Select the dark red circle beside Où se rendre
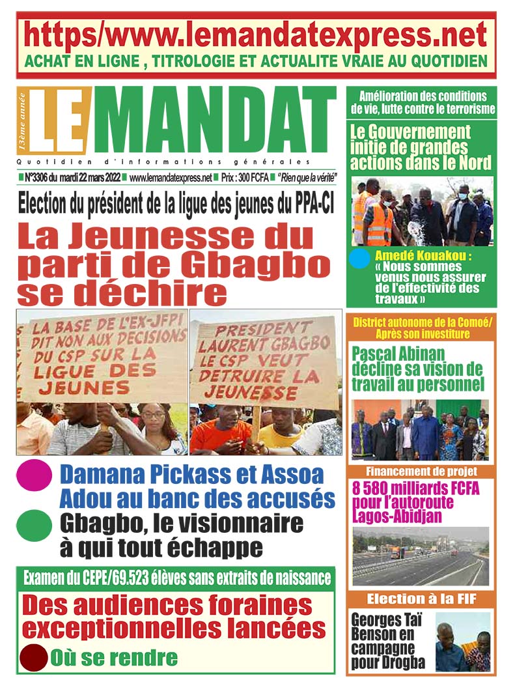point(34,658)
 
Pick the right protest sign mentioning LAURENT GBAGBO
point(264,361)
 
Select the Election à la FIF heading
point(421,599)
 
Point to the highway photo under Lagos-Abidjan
point(421,557)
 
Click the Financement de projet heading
point(421,471)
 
